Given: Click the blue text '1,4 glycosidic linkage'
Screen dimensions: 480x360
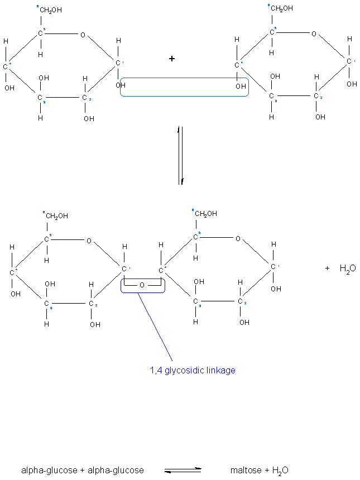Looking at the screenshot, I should point(193,370).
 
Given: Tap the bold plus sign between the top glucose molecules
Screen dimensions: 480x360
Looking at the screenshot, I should point(172,58).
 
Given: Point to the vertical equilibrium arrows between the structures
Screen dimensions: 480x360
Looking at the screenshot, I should point(180,156).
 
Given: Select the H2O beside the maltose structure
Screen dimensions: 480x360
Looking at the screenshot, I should point(348,268).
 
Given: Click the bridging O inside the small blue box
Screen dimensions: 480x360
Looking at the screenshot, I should point(142,285).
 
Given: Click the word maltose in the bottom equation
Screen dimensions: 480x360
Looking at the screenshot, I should point(244,470).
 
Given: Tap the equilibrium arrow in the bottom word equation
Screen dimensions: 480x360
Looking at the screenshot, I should point(183,470).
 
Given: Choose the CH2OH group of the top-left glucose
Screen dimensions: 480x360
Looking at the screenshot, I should point(50,10).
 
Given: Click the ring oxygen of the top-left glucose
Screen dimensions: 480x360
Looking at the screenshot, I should point(83,35).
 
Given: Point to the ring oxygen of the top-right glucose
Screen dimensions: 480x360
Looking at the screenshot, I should point(314,33).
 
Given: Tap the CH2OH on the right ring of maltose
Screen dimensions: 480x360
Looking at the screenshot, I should point(205,213).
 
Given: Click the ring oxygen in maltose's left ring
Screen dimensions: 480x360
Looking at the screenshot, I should point(89,241).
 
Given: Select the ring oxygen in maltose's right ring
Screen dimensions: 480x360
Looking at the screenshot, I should point(238,239).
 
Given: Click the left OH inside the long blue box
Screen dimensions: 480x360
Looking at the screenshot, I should point(122,85).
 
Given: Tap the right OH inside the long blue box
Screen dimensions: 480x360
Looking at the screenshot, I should point(241,87).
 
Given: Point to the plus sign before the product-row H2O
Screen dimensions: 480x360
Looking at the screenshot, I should point(327,268).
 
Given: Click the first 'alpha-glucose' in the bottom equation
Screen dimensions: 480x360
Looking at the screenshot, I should point(49,470).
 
